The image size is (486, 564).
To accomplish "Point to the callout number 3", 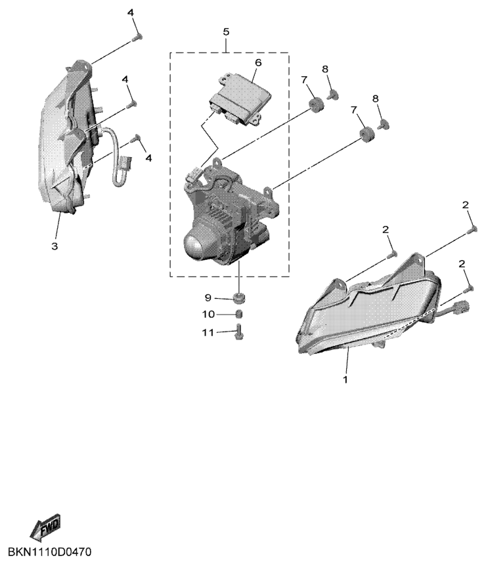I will [x=55, y=246].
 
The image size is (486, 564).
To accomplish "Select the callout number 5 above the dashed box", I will [x=226, y=32].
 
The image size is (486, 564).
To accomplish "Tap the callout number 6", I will [x=258, y=62].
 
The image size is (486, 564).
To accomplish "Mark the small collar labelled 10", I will [x=240, y=315].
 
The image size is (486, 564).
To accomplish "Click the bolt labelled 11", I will [x=239, y=332].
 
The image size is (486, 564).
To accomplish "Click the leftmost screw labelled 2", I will [x=392, y=253].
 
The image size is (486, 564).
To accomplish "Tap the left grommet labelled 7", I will [x=315, y=104].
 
